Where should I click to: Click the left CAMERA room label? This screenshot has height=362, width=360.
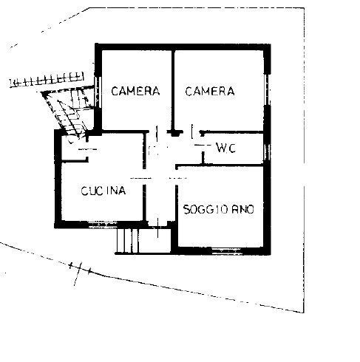coord(135,91)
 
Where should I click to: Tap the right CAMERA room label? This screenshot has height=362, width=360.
coord(210,91)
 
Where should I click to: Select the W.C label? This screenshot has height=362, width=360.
coord(226,148)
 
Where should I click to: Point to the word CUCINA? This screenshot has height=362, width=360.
coord(103,191)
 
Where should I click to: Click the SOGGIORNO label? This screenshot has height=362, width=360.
coord(219,210)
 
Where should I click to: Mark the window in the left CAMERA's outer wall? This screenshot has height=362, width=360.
coord(98,92)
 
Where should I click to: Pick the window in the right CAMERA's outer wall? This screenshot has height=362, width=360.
coord(267,89)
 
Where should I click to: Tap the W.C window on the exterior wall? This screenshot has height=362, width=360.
coord(267,152)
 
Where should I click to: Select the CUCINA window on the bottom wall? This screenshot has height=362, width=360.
coord(102,225)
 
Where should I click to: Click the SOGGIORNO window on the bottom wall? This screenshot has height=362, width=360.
coord(226,251)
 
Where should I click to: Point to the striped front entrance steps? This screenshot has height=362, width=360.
coord(127,241)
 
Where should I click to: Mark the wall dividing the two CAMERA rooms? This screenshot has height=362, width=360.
coord(173,92)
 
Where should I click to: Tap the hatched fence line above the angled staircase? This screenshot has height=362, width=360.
coord(47,79)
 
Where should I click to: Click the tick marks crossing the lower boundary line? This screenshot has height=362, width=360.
coord(80,272)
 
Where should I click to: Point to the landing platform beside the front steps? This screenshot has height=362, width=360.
coord(154,241)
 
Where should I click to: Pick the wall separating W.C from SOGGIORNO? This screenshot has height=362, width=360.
coord(220,165)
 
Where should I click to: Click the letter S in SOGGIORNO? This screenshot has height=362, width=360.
coord(187,210)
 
